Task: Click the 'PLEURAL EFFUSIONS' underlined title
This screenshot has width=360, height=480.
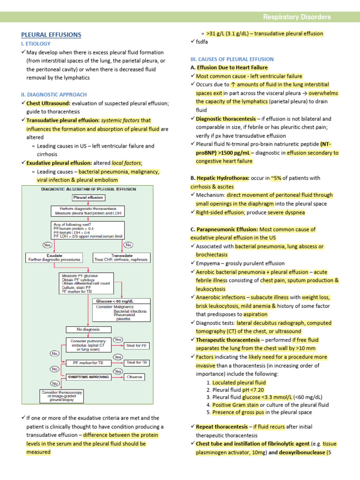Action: tap(51, 35)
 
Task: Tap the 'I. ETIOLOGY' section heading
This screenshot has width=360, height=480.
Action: tap(37, 44)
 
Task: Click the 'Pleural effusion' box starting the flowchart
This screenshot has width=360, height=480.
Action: tap(88, 198)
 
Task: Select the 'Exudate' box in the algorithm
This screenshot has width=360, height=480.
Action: tap(53, 257)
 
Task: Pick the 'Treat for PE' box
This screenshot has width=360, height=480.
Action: tap(137, 346)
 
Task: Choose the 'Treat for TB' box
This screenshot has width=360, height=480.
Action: tap(137, 362)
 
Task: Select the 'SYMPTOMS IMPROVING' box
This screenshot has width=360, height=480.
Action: tap(88, 376)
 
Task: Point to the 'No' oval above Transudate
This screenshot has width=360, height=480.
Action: tap(128, 245)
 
